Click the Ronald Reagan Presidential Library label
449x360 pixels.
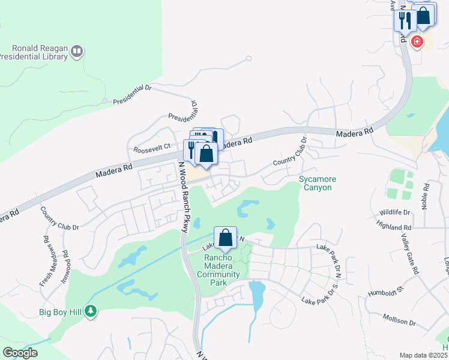35,53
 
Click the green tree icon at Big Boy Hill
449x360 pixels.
91,311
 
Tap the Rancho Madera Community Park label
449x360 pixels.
218,266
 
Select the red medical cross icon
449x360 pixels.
417,42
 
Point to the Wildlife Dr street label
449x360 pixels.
394,212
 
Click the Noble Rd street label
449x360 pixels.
426,195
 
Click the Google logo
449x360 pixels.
20,353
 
